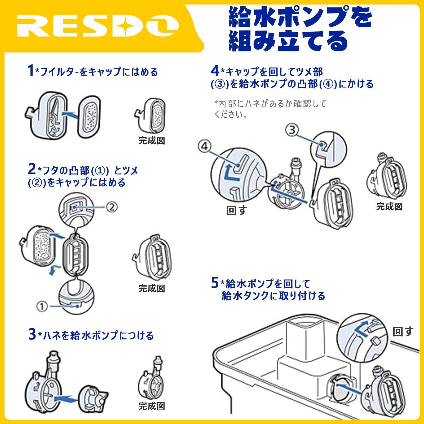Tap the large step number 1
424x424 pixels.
click(x=31, y=71)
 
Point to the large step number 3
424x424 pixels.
click(x=32, y=334)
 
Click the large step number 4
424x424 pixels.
click(x=215, y=71)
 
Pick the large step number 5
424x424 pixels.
click(x=215, y=283)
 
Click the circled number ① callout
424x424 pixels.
click(x=42, y=306)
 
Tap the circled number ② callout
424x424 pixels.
click(x=112, y=207)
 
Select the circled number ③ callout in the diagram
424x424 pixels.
click(x=292, y=130)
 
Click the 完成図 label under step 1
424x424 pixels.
click(x=152, y=140)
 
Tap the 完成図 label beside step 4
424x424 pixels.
click(x=389, y=206)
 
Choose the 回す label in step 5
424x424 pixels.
click(x=403, y=331)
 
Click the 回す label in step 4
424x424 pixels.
click(x=236, y=210)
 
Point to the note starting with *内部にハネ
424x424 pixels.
click(x=270, y=109)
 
